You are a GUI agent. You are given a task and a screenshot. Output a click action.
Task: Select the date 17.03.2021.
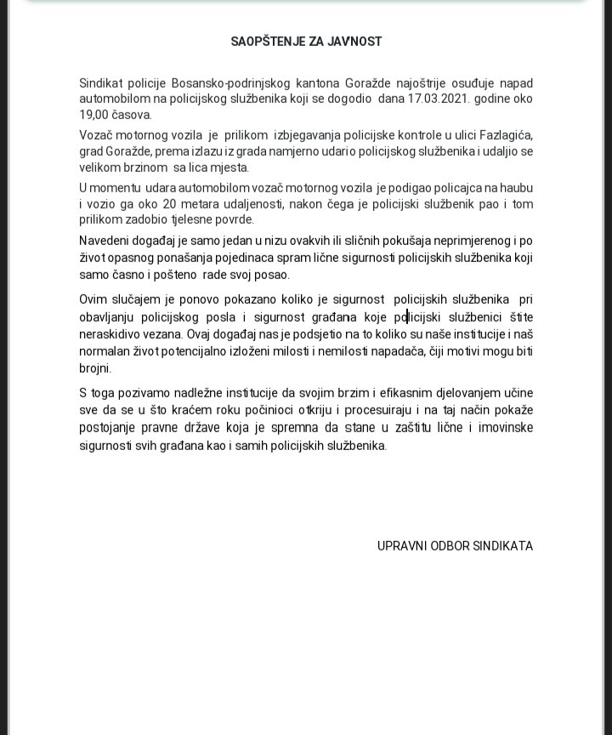tap(439, 99)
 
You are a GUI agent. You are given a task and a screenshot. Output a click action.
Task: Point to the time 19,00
tap(95, 115)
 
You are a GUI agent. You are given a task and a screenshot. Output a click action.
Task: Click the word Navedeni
tap(105, 242)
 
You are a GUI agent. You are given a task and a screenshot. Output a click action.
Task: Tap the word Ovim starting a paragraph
tap(94, 299)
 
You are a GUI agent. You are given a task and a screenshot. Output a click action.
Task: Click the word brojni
tap(95, 368)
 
